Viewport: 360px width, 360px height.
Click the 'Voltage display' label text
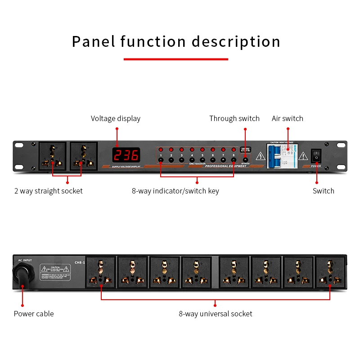click(116, 119)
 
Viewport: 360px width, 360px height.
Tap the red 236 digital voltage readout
click(126, 156)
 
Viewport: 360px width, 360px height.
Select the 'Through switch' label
click(234, 119)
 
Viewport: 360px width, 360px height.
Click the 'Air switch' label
click(287, 119)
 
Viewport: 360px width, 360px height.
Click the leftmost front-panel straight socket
click(53, 156)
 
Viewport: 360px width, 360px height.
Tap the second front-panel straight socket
click(83, 156)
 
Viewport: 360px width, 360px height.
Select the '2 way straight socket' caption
click(48, 191)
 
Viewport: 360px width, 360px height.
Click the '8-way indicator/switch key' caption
click(175, 191)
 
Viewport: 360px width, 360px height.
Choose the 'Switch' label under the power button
click(323, 191)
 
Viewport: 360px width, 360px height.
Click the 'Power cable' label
click(33, 314)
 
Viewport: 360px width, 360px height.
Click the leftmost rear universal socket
click(101, 273)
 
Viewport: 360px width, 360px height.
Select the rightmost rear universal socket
click(330, 273)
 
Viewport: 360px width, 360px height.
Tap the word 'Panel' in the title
click(93, 41)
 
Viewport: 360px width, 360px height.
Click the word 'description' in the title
click(236, 41)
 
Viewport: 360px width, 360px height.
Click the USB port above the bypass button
click(245, 150)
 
